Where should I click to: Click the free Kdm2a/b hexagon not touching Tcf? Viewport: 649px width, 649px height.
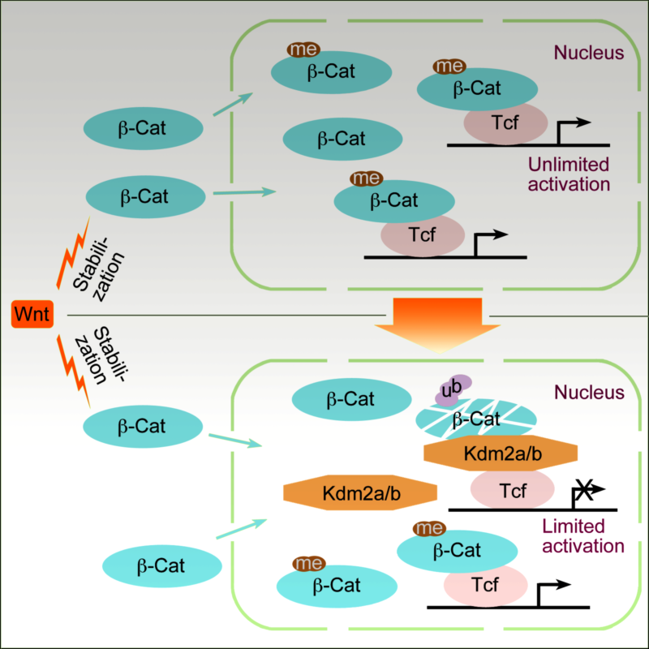pyautogui.click(x=360, y=492)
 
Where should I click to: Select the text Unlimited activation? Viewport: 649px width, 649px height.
pyautogui.click(x=568, y=174)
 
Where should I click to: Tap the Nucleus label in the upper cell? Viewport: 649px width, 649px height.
pyautogui.click(x=588, y=54)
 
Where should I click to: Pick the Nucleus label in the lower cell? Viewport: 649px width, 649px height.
pyautogui.click(x=588, y=393)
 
